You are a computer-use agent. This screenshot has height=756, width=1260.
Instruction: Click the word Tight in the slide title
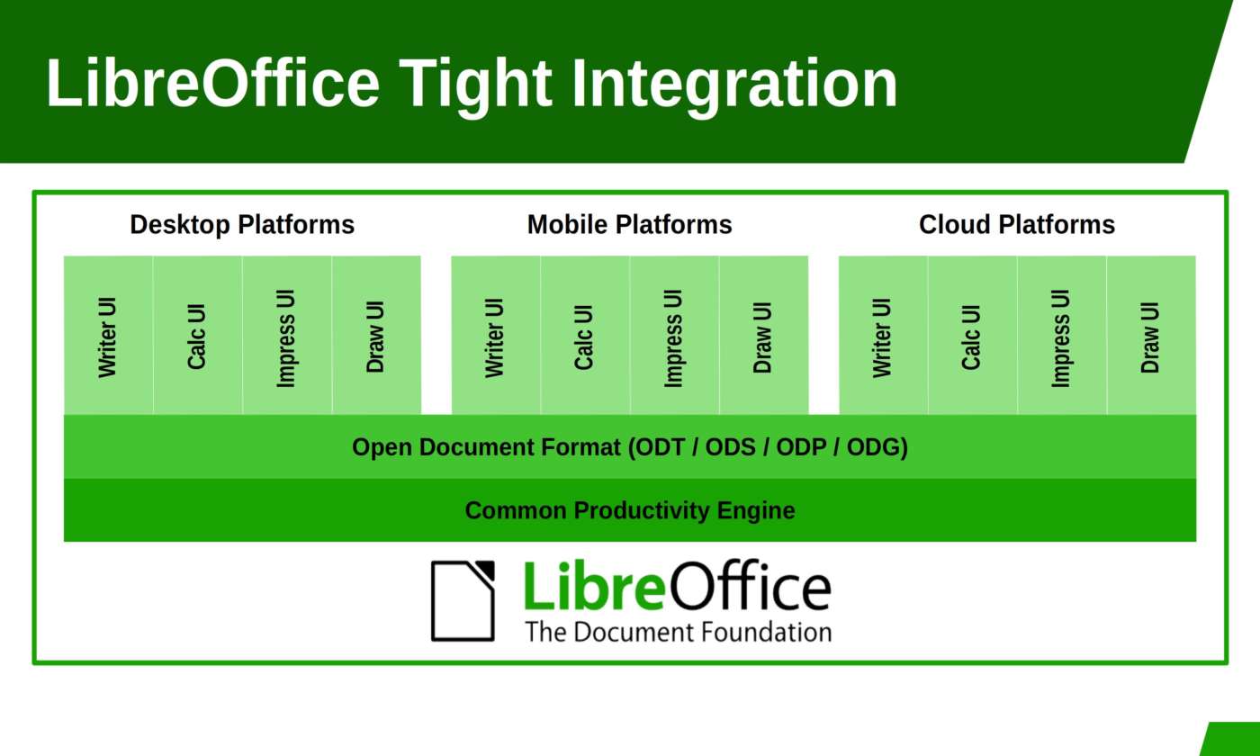475,85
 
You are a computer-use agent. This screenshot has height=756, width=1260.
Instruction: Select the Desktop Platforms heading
242,224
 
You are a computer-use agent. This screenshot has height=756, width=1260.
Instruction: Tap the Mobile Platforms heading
629,224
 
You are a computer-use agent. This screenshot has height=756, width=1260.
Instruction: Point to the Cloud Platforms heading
1017,224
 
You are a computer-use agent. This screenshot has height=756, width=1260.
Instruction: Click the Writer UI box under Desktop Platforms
108,335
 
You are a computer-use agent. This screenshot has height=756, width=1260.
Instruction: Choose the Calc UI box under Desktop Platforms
197,335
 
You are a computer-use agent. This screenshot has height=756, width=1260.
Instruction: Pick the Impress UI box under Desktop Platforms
287,335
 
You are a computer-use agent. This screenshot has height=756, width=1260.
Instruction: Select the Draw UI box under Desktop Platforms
376,335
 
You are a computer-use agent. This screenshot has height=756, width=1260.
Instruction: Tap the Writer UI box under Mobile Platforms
496,335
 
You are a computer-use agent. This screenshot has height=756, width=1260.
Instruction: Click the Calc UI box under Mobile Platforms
585,335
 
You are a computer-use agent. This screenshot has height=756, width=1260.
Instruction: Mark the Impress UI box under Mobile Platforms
674,335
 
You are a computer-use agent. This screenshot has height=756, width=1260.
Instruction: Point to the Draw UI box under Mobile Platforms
764,335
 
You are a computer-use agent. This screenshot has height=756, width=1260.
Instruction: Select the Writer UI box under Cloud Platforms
883,335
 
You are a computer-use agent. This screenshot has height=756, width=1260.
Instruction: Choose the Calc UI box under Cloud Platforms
973,335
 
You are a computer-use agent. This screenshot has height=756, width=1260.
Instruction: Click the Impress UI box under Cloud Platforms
1062,335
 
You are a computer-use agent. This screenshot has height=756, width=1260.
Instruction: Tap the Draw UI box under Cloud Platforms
1151,335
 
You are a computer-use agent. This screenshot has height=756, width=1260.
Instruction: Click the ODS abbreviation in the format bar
730,447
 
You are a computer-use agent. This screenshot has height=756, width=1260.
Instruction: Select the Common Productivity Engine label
630,511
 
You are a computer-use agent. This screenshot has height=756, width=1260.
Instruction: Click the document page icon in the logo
463,601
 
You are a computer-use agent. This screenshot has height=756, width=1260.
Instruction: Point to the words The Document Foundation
679,632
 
